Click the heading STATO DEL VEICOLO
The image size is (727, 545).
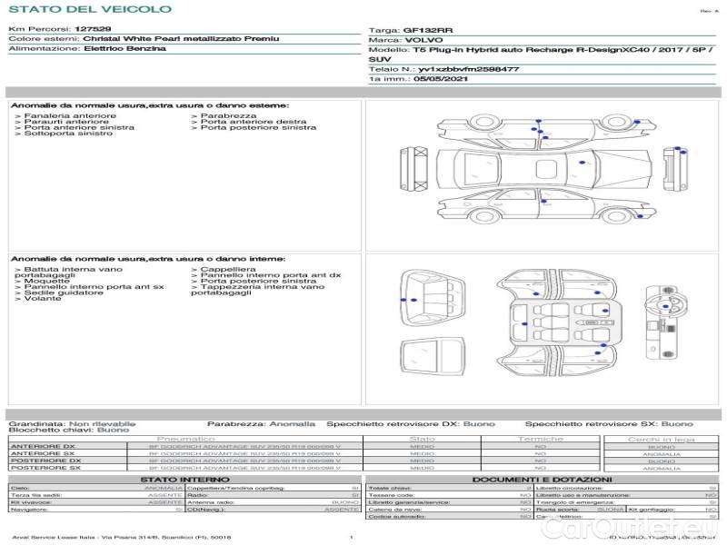click(89, 9)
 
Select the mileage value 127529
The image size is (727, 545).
click(93, 30)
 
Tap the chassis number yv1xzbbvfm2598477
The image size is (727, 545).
click(470, 69)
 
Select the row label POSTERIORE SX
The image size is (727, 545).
click(45, 469)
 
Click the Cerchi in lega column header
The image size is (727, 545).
click(661, 439)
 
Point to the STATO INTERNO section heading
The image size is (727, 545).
click(185, 479)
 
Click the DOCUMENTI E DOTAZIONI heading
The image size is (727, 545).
click(542, 479)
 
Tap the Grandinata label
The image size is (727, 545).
click(35, 423)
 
